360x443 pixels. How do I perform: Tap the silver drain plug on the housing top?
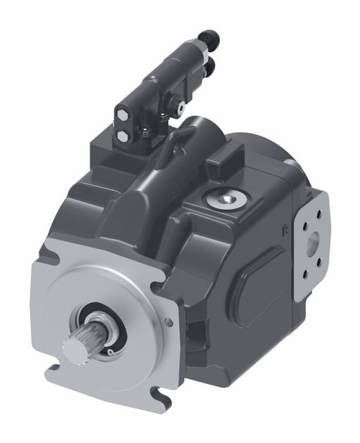(225, 200)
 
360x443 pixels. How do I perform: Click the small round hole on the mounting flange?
(168, 323)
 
